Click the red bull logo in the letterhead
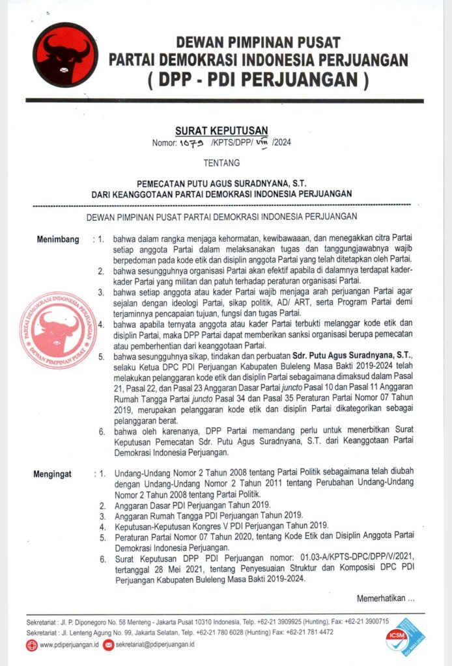(x=63, y=55)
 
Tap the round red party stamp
(x=58, y=330)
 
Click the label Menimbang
(x=58, y=239)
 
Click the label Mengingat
(x=57, y=474)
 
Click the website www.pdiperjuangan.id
(x=69, y=645)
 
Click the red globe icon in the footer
(x=32, y=645)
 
